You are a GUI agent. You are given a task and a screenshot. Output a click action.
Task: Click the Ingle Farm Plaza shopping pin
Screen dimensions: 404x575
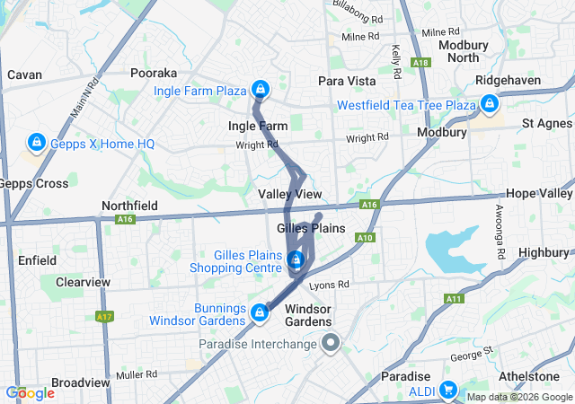260,90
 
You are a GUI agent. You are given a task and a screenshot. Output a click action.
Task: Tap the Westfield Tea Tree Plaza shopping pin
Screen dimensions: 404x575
490,105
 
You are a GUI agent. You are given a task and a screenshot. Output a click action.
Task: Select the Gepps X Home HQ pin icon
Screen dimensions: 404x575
37,143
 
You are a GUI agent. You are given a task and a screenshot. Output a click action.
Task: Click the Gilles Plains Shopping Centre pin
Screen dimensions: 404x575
296,260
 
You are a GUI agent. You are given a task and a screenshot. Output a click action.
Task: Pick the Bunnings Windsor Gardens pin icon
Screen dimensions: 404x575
260,312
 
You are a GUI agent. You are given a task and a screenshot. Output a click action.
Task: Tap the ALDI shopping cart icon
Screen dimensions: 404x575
447,391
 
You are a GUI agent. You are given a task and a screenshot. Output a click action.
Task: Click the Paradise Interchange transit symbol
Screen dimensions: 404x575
331,342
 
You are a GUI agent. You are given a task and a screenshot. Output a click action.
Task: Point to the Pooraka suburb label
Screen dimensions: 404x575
154,73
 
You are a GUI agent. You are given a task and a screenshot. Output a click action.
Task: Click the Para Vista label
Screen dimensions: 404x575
347,81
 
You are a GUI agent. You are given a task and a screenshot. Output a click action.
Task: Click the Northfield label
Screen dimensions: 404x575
130,206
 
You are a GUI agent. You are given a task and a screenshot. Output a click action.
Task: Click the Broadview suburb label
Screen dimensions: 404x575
81,382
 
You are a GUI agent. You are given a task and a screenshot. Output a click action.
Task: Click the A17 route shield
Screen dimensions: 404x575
104,317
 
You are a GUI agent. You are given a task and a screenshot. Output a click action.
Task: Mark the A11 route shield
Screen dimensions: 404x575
452,299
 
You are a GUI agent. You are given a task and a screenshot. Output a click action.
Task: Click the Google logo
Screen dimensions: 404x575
30,392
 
